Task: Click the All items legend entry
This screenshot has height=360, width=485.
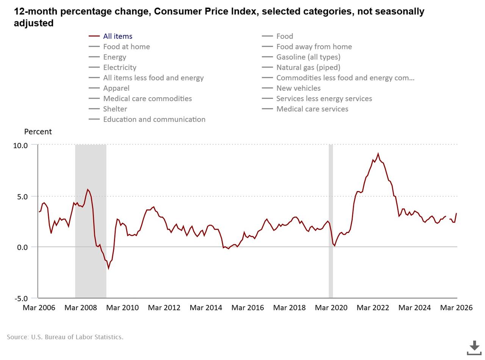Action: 117,36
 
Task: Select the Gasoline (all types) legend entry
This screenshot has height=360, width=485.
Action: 308,57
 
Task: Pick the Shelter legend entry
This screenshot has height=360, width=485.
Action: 115,109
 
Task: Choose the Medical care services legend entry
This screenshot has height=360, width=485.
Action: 312,109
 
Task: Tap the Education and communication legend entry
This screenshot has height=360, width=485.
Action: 154,119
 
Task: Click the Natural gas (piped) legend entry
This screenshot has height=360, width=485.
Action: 308,67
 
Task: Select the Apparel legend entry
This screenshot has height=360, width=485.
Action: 116,88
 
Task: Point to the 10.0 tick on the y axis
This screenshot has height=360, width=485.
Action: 20,146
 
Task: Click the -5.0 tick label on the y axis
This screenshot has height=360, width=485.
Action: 21,299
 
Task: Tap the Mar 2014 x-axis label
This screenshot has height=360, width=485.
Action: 206,308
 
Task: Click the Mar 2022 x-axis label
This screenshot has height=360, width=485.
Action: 373,308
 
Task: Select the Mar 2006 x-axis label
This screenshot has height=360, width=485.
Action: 39,308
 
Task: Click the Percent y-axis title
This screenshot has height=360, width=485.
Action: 38,132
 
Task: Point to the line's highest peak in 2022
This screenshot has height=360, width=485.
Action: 378,154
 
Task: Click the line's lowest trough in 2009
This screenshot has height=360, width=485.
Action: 108,268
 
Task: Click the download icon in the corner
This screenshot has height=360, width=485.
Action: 474,347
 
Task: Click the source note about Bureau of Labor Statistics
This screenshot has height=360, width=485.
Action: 65,337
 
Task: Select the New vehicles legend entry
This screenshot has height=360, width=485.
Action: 298,88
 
